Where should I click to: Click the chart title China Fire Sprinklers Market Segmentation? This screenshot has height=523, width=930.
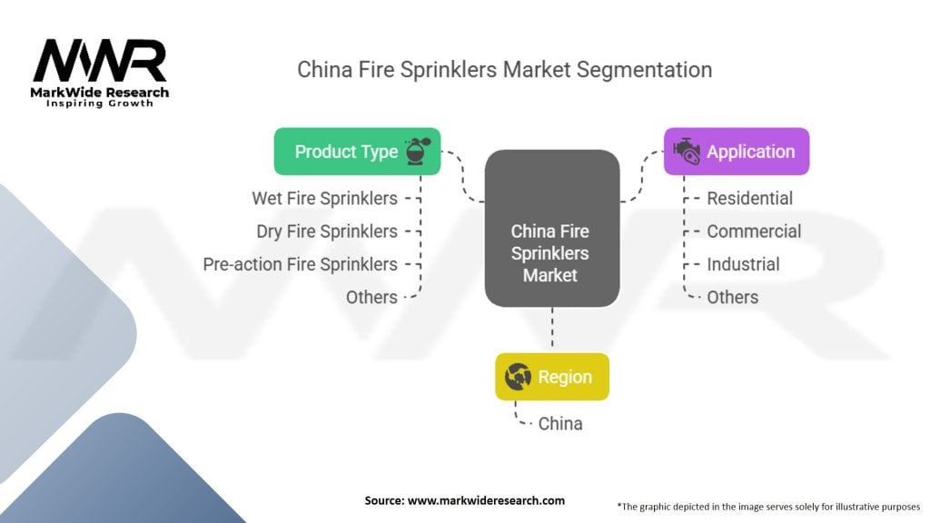[504, 70]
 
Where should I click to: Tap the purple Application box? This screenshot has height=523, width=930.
[736, 152]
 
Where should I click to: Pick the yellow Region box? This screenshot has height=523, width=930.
[551, 377]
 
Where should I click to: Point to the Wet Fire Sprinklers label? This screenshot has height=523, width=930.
[324, 198]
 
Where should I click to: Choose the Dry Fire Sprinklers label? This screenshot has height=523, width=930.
[327, 232]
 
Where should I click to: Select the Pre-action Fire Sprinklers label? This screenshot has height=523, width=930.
[301, 264]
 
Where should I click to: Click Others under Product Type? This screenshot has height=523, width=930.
[371, 297]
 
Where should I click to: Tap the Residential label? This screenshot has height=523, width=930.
[749, 198]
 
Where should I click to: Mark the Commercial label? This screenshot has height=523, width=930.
[754, 232]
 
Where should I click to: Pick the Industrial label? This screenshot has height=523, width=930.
[743, 264]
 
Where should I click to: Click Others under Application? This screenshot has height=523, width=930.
[732, 297]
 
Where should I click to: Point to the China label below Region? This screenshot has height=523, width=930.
[560, 423]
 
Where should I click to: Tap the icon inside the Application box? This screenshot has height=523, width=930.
[686, 152]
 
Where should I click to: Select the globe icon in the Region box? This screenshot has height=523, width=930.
[518, 377]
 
